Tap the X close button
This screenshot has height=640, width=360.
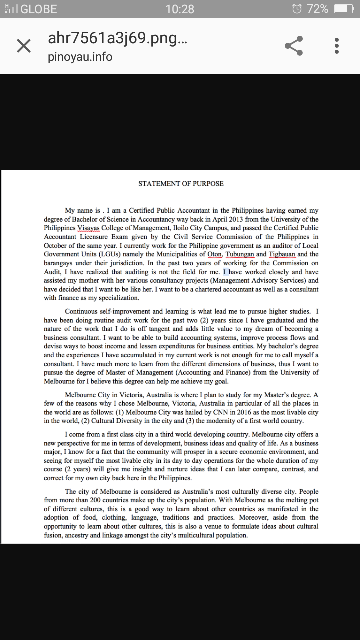(24, 46)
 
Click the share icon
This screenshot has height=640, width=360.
(294, 46)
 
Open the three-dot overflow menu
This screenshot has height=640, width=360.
(337, 46)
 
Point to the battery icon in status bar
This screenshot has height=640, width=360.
(344, 9)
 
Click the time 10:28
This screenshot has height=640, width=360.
(179, 9)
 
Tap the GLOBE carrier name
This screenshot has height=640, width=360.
(39, 9)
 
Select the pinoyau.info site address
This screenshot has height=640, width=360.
(80, 57)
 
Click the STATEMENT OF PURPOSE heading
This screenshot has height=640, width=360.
(181, 184)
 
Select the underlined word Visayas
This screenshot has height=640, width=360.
(89, 228)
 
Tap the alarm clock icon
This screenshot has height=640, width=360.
(297, 9)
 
